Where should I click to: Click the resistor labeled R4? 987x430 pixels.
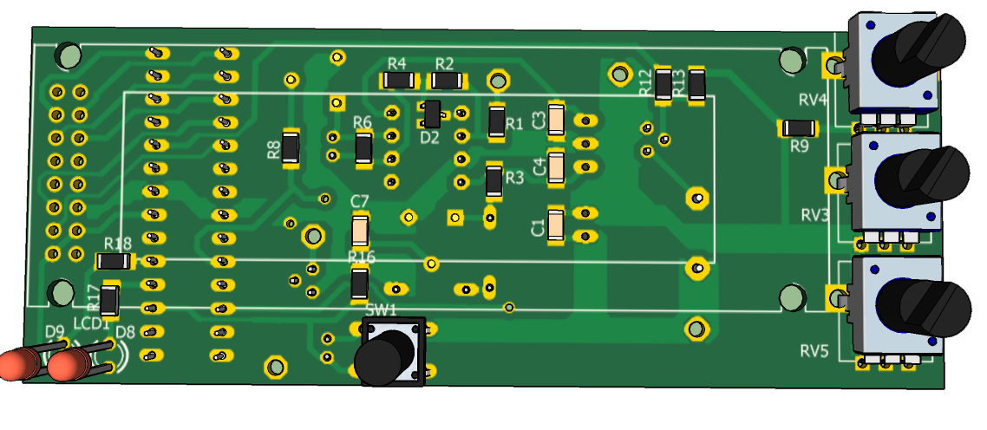pyautogui.click(x=398, y=81)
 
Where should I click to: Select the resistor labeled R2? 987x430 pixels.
pyautogui.click(x=447, y=81)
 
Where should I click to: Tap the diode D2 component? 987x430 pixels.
pyautogui.click(x=431, y=114)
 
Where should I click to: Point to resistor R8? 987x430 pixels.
pyautogui.click(x=291, y=148)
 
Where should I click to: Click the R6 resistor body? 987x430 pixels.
pyautogui.click(x=363, y=148)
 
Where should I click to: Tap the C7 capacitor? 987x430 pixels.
pyautogui.click(x=360, y=231)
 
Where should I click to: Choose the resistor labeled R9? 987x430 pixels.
pyautogui.click(x=800, y=128)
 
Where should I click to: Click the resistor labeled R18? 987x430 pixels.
pyautogui.click(x=114, y=261)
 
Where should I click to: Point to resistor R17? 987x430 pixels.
pyautogui.click(x=109, y=300)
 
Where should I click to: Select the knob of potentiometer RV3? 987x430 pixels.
pyautogui.click(x=923, y=177)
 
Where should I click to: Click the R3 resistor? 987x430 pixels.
pyautogui.click(x=494, y=181)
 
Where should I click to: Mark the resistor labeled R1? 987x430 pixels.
pyautogui.click(x=497, y=121)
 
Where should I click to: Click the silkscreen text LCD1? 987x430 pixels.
pyautogui.click(x=92, y=323)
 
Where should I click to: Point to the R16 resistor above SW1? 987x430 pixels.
pyautogui.click(x=359, y=283)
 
